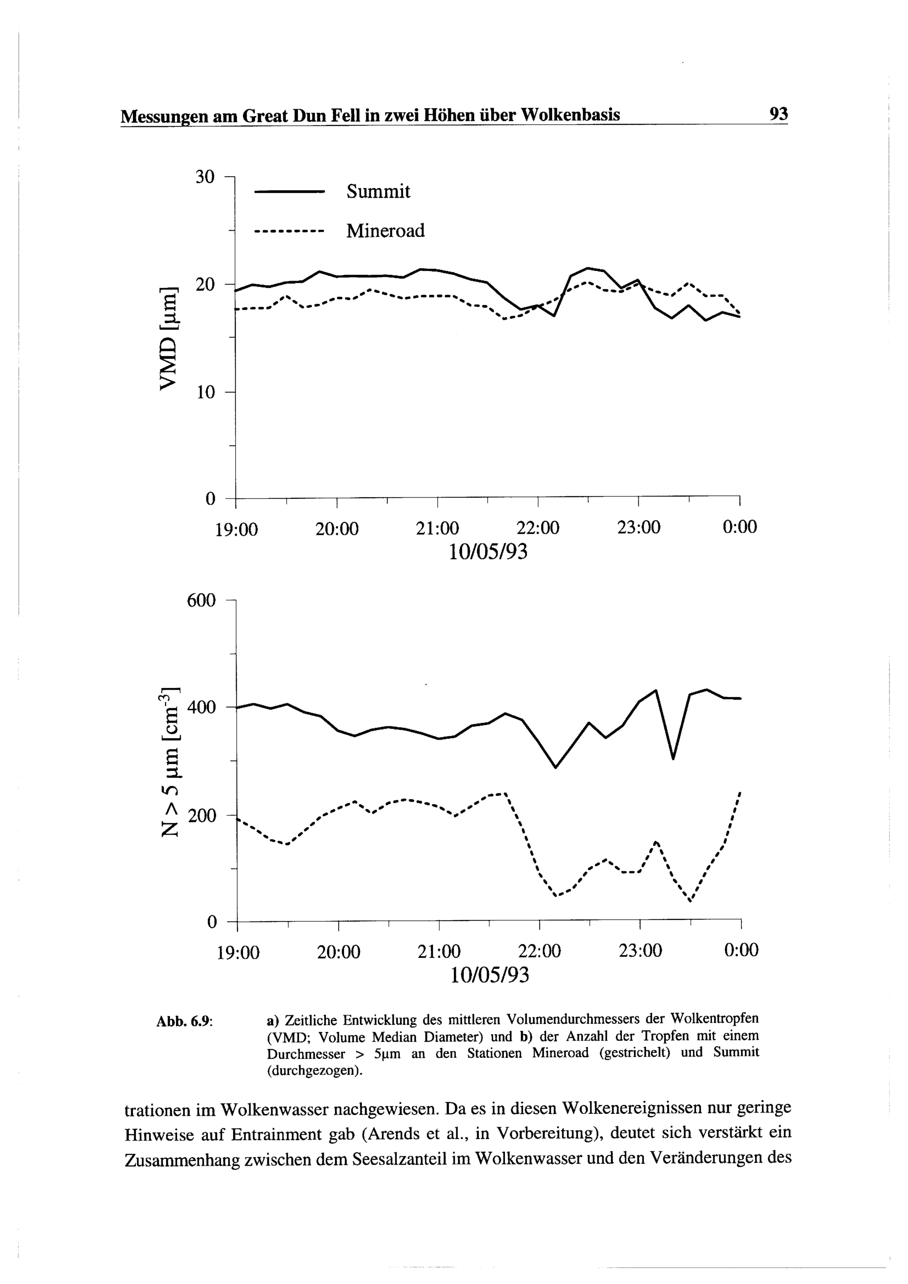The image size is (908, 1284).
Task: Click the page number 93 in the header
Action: tap(778, 114)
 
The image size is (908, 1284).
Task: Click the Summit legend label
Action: tap(378, 192)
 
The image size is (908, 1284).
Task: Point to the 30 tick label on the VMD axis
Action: tap(205, 177)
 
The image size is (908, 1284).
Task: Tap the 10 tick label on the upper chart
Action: tap(205, 393)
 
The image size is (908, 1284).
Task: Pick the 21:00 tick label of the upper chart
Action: tap(437, 528)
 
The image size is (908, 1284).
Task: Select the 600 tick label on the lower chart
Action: tap(201, 601)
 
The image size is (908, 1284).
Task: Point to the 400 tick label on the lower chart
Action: tap(201, 708)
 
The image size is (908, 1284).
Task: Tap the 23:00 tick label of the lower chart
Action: tap(640, 951)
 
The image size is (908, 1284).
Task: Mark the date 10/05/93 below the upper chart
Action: tap(488, 552)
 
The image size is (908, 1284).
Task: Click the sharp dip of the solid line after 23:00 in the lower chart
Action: tap(673, 758)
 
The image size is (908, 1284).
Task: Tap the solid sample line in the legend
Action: tap(289, 193)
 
